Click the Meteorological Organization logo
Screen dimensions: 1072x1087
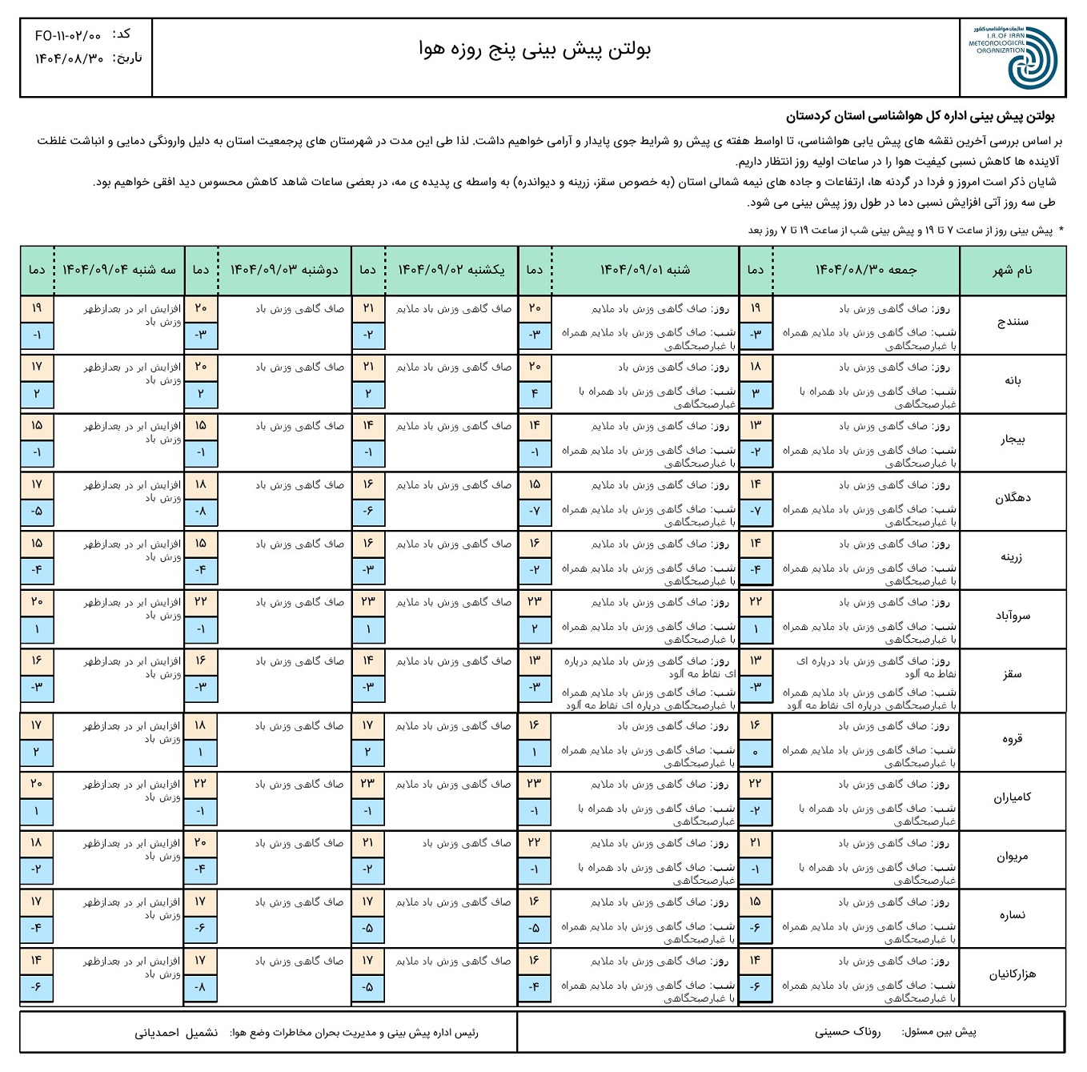(1013, 58)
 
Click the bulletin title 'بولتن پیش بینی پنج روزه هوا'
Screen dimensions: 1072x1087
(535, 50)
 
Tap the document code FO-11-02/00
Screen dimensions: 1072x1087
(68, 36)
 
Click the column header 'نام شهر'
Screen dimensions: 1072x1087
(1013, 271)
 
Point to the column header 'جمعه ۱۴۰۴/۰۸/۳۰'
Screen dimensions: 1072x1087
(866, 271)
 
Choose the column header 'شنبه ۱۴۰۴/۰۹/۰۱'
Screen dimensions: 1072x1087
(645, 271)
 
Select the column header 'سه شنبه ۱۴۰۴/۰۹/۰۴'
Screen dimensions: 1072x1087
(119, 271)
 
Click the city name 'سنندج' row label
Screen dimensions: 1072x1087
(1013, 322)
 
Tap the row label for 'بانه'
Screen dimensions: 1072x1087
(1013, 381)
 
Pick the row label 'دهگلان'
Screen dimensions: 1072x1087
(1013, 498)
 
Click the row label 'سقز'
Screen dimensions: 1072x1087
(1013, 675)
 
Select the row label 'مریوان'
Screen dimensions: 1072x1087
(1013, 857)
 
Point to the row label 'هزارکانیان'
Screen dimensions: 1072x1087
(1013, 974)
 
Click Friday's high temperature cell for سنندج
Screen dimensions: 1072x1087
(756, 309)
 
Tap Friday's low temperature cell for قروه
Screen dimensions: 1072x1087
(756, 753)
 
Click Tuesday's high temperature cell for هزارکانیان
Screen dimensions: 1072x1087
(37, 961)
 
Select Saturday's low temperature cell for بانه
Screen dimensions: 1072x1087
(535, 394)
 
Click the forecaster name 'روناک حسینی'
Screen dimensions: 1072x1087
(848, 1032)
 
